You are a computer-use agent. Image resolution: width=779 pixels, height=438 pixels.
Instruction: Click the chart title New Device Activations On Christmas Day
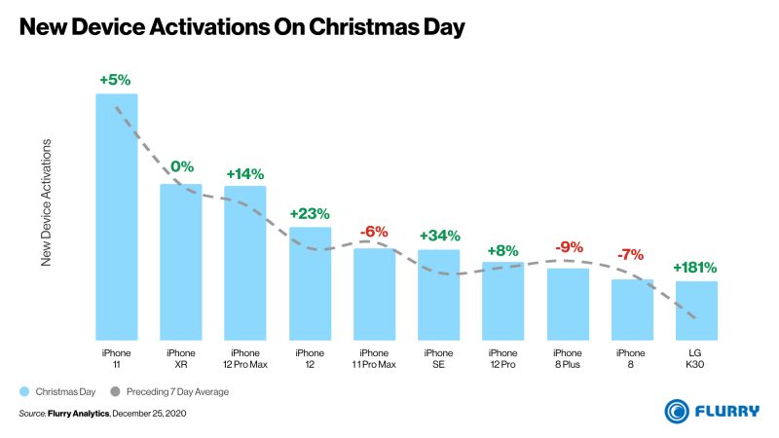[241, 28]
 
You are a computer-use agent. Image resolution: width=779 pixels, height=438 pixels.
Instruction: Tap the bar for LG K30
[696, 310]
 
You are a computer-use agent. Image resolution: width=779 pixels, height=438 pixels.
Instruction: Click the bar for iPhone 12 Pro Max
[244, 262]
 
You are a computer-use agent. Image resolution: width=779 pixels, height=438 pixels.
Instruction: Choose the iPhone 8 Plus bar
[568, 303]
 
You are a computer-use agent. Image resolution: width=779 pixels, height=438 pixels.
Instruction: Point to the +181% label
[695, 267]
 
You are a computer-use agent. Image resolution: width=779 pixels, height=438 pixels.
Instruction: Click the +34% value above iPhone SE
[439, 236]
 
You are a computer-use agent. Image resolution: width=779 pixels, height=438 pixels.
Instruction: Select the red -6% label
[374, 232]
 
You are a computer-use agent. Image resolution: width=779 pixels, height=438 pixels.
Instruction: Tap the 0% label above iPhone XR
[181, 166]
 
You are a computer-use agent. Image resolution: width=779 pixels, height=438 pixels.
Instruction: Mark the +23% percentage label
[310, 213]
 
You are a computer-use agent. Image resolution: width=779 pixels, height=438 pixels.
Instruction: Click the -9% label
[568, 247]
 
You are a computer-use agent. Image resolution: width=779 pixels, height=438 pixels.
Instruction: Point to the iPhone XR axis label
[180, 357]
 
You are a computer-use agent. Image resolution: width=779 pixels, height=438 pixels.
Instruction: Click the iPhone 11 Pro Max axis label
[374, 357]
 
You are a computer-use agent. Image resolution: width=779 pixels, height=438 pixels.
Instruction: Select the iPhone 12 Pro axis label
[502, 357]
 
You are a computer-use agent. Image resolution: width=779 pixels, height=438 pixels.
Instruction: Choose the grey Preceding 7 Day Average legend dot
[116, 392]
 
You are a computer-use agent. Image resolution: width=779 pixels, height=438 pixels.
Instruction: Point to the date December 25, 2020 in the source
[149, 415]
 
